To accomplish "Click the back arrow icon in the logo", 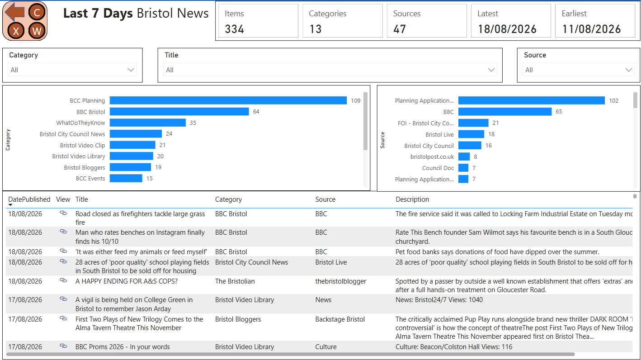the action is click(x=15, y=12).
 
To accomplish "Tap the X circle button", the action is click(x=16, y=31).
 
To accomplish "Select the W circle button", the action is click(x=37, y=31).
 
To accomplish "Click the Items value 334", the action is click(x=234, y=29).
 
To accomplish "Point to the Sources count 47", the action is click(x=400, y=29).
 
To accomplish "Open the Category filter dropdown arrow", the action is click(x=131, y=70).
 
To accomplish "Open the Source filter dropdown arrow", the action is click(x=629, y=70).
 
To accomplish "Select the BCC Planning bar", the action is click(x=228, y=100).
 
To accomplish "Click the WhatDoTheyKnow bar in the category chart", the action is click(x=148, y=123).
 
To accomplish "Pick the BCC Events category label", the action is click(x=90, y=179).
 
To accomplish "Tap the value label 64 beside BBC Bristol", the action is click(x=256, y=112).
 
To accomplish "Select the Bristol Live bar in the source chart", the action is click(x=471, y=134).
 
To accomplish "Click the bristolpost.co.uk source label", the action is click(x=432, y=156).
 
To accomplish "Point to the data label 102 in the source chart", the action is click(x=614, y=100).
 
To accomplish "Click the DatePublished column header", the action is click(x=29, y=199).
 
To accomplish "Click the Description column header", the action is click(x=412, y=199).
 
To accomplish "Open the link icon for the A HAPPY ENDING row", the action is click(x=63, y=280).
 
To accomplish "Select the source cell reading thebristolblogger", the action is click(x=341, y=281).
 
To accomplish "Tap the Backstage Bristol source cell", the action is click(x=340, y=319).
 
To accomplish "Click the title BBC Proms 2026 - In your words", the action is click(x=123, y=347).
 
